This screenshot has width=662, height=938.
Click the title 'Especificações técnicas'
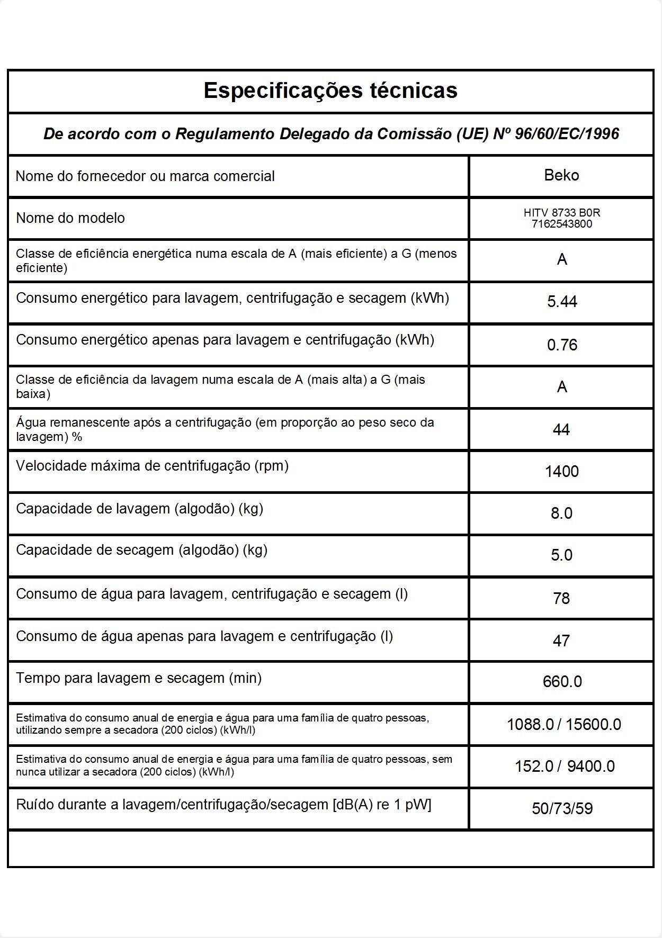[x=330, y=91]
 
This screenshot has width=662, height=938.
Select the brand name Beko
[x=561, y=175]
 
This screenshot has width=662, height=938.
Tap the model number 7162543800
[x=562, y=224]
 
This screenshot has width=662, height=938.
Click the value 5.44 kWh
[x=562, y=302]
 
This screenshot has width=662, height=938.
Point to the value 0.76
[x=562, y=345]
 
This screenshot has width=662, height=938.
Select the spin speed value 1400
[x=562, y=471]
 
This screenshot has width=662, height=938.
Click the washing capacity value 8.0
[x=561, y=513]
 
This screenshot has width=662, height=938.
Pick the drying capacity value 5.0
[x=561, y=555]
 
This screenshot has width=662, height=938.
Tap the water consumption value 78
[x=561, y=598]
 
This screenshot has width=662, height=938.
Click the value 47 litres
[x=561, y=641]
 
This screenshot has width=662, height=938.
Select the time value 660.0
[x=562, y=681]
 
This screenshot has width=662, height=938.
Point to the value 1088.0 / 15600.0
[x=563, y=724]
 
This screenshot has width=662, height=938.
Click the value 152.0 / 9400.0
[x=565, y=766]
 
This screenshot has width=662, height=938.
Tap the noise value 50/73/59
[x=562, y=808]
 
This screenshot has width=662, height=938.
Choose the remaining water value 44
[x=561, y=429]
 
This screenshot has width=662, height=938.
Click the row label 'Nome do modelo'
[x=70, y=218]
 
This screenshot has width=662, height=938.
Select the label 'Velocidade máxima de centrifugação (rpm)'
[x=152, y=466]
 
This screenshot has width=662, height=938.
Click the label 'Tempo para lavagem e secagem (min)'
[x=139, y=678]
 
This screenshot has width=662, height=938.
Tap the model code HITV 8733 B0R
[x=562, y=213]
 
